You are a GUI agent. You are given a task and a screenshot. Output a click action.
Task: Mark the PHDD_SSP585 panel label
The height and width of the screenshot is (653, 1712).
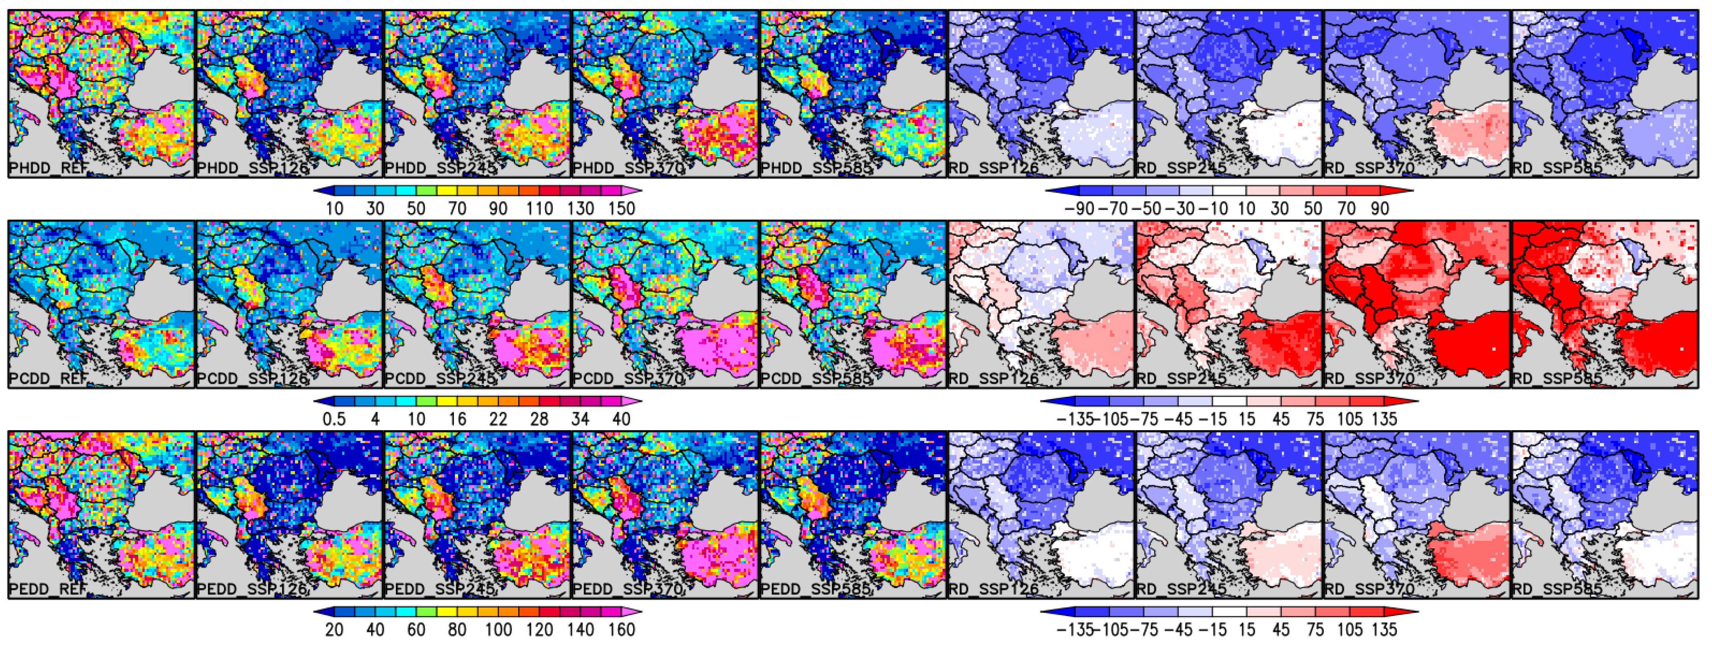click(x=816, y=169)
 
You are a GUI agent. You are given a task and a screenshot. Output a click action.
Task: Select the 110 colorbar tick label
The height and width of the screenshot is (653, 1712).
click(x=539, y=208)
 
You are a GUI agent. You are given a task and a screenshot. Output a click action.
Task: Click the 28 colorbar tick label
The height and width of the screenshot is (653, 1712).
click(x=539, y=419)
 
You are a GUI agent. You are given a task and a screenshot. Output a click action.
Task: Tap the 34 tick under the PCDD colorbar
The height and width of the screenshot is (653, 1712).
click(x=580, y=419)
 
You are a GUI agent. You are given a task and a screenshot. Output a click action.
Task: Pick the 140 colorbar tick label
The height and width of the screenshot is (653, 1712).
click(x=580, y=630)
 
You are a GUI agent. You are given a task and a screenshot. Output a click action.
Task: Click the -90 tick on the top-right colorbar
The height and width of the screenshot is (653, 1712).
click(x=1078, y=208)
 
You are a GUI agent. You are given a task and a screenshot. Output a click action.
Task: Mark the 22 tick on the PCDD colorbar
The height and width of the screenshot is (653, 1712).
click(x=498, y=419)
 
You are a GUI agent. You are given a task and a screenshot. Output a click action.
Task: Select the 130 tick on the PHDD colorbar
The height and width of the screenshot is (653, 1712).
click(x=580, y=208)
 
